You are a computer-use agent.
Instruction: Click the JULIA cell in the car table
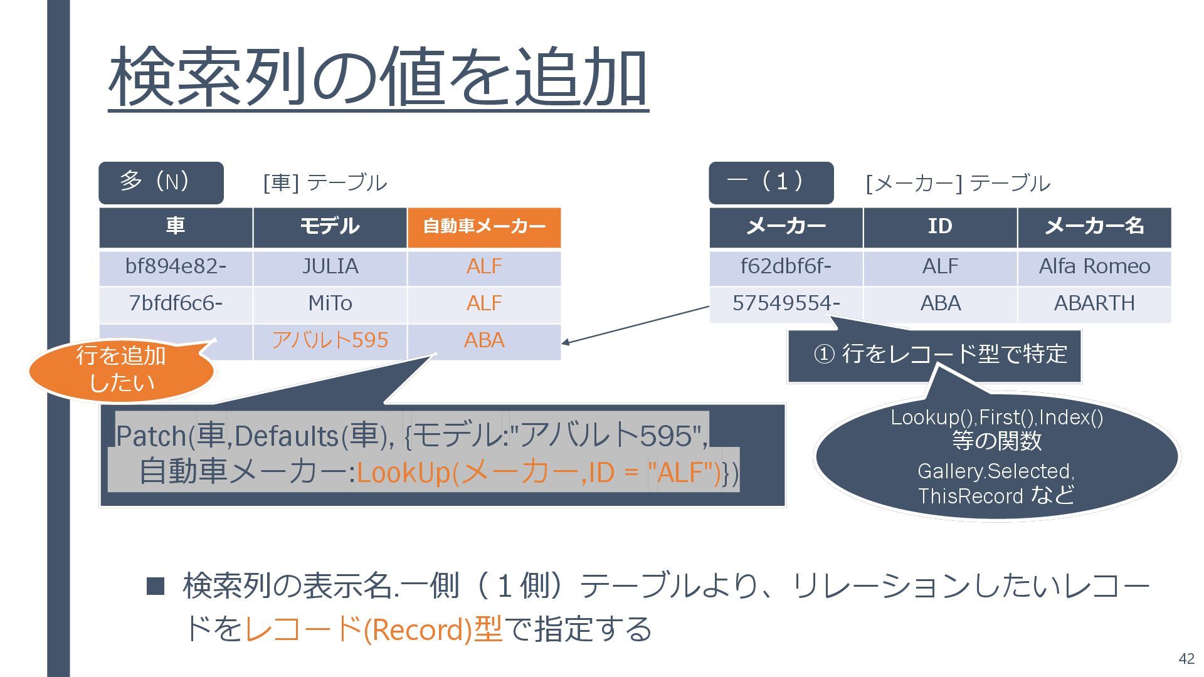(330, 267)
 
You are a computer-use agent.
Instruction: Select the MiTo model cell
(330, 304)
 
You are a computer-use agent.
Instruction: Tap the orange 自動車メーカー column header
(484, 227)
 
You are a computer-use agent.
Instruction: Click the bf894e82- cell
(176, 267)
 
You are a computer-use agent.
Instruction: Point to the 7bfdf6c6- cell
(176, 304)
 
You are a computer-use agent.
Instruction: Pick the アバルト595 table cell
(330, 340)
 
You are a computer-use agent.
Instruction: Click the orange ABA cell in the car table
(484, 340)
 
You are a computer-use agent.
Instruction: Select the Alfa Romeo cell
(1094, 267)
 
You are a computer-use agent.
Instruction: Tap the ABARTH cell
(1094, 304)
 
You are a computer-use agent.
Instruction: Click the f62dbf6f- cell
(786, 267)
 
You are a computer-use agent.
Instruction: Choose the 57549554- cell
(786, 304)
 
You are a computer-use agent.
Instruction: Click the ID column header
(940, 227)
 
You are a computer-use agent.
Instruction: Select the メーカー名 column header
(1094, 227)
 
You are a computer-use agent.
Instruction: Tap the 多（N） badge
(161, 182)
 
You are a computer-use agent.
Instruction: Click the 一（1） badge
(771, 182)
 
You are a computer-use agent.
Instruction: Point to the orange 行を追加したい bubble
(121, 370)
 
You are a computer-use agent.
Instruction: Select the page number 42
(1186, 659)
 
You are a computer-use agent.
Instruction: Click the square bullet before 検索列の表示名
(155, 586)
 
